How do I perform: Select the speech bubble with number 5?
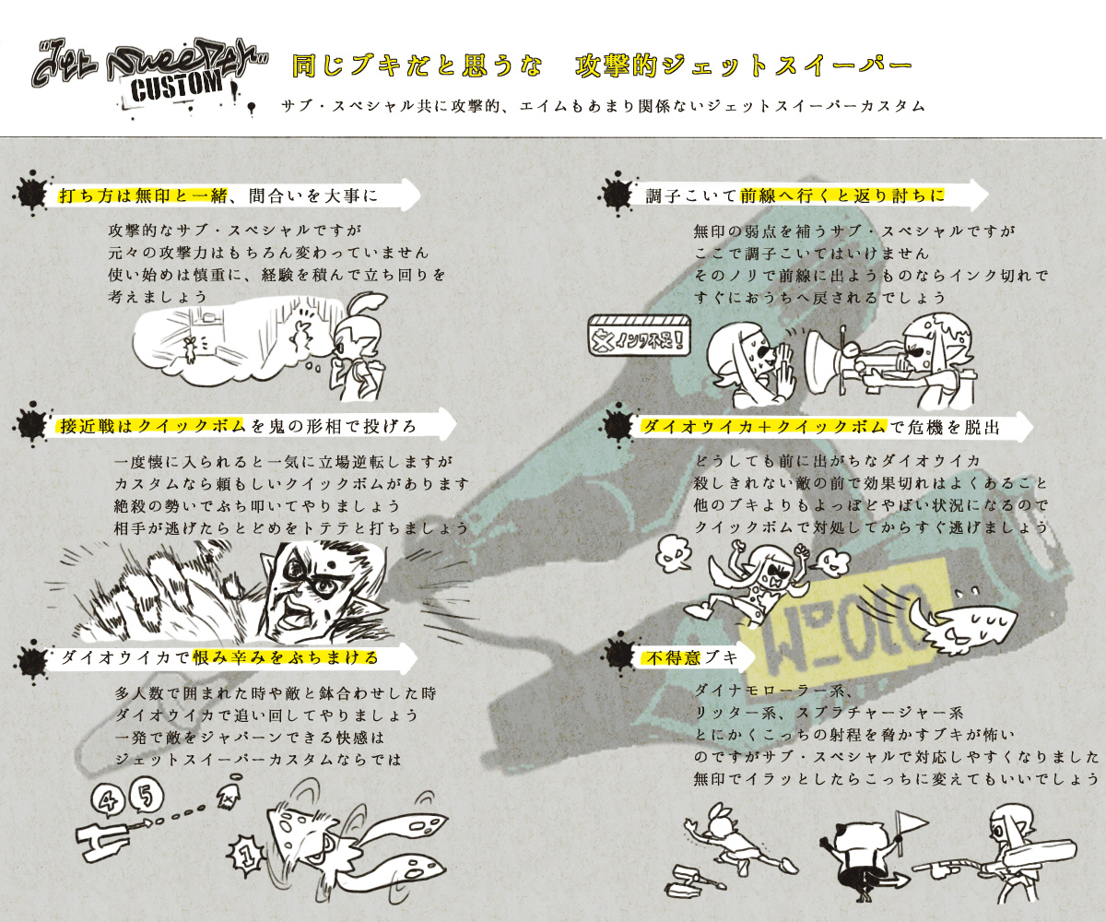click(x=145, y=797)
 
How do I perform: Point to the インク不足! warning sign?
click(x=640, y=336)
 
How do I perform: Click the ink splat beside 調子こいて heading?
click(x=616, y=194)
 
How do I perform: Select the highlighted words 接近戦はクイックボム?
click(x=153, y=426)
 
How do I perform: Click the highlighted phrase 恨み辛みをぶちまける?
click(x=286, y=657)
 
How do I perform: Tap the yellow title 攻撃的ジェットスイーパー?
click(x=744, y=65)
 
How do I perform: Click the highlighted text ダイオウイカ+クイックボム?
click(x=763, y=427)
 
